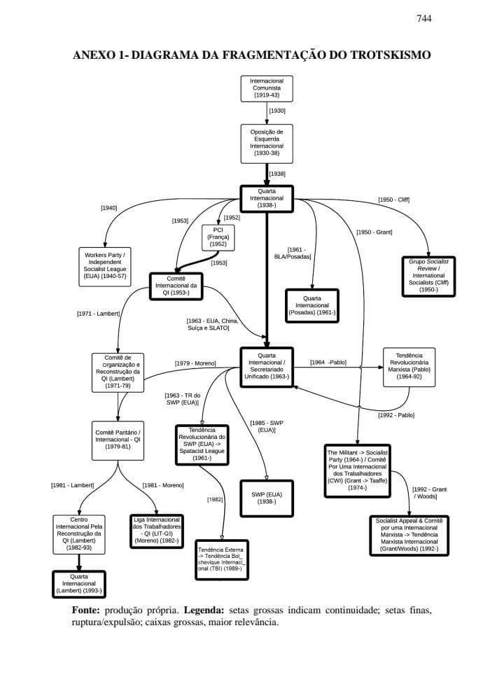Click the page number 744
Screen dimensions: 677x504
(423, 19)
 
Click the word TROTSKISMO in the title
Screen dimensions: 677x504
(384, 55)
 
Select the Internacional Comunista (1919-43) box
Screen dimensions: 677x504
(267, 89)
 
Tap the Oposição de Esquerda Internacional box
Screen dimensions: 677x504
(267, 144)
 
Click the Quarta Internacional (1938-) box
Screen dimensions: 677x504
(267, 197)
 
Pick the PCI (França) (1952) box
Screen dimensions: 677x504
(218, 238)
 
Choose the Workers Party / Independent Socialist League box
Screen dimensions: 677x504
(105, 265)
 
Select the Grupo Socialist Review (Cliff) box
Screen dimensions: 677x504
(428, 275)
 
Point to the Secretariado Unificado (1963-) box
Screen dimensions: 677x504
(267, 366)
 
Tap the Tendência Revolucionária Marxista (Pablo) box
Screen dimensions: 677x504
(409, 366)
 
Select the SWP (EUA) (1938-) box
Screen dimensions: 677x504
(267, 498)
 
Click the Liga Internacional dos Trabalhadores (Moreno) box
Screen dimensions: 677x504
(157, 530)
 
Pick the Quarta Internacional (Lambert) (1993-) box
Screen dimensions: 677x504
(78, 584)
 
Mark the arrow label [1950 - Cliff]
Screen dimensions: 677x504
(393, 200)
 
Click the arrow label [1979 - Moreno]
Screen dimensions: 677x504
(195, 363)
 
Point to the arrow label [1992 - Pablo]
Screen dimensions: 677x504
(396, 415)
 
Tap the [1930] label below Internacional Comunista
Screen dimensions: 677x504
(277, 111)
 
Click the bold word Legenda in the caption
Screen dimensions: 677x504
(204, 610)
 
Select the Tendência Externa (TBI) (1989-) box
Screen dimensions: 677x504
(222, 559)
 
